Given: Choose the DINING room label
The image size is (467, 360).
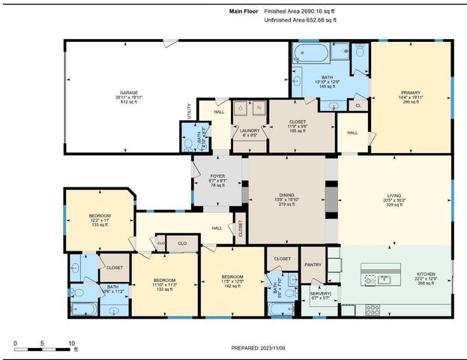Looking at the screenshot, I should click(287, 195).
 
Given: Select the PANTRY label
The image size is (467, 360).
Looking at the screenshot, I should click(313, 264).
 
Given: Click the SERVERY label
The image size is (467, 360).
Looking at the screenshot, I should click(321, 293).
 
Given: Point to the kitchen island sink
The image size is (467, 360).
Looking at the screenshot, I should click(383, 280).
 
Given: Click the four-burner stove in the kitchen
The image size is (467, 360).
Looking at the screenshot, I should click(371, 308).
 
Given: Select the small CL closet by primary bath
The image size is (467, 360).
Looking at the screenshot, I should click(359, 106).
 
